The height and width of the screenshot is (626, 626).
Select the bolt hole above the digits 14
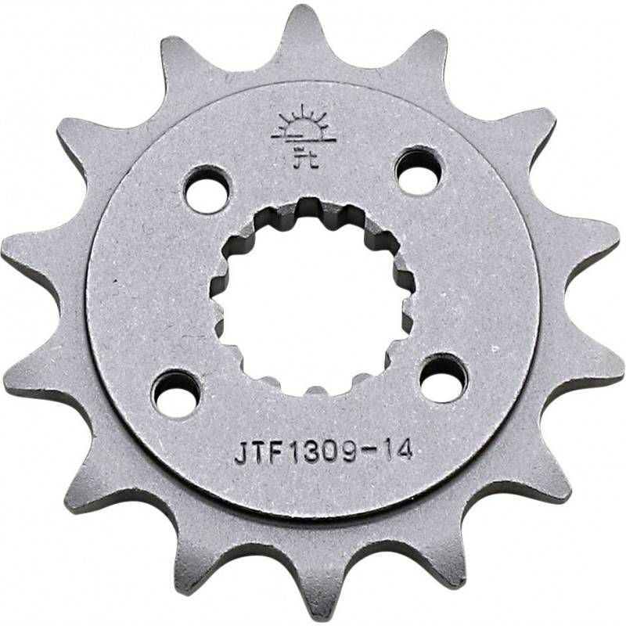tap(444, 378)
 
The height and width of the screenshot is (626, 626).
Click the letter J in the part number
tap(241, 455)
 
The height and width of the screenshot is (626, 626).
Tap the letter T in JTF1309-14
tap(257, 455)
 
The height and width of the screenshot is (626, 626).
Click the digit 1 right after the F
tap(290, 453)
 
